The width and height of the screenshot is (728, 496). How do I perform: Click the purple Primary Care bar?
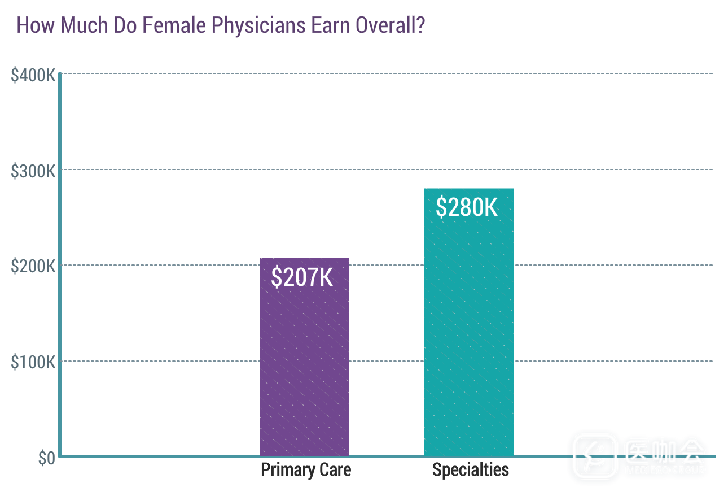304,367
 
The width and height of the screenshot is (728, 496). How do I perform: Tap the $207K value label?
302,277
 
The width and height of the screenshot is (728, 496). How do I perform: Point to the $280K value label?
467,207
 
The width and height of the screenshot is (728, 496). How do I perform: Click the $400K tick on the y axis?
33,75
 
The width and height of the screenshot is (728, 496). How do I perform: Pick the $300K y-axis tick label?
33,171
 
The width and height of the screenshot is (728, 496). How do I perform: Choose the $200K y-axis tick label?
33,266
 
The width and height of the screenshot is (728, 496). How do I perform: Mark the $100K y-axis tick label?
33,362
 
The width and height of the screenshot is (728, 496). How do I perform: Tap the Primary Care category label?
305,470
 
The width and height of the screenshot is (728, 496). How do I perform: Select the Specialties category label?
470,470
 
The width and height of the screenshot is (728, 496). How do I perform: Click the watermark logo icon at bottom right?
594,455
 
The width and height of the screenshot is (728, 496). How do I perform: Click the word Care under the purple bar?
335,470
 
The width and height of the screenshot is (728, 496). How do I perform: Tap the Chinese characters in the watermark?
665,451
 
